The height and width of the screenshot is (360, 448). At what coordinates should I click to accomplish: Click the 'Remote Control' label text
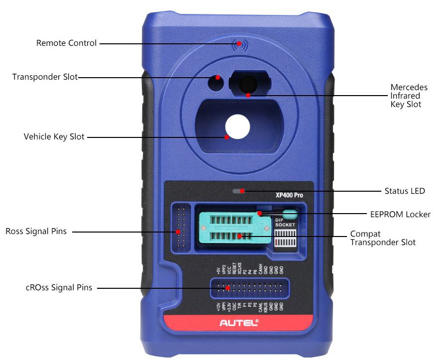point(66,43)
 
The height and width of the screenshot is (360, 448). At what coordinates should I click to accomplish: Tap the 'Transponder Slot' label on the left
point(45,77)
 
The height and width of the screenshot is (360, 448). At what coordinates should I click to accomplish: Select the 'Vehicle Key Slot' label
point(54,136)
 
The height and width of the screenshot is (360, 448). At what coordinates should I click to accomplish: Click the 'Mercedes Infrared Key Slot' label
point(408,96)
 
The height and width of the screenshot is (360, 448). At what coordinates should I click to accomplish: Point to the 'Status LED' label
point(405,191)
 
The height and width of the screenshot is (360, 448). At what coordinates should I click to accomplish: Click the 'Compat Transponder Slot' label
point(382,238)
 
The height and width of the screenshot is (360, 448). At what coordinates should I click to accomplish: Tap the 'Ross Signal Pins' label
point(36,232)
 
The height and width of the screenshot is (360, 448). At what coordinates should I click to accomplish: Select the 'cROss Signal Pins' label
point(52,287)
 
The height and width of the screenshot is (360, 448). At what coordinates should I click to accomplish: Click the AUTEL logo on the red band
point(239,323)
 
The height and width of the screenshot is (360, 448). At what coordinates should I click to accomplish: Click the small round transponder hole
point(216,83)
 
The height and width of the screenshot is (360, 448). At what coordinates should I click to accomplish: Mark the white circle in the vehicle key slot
point(236,126)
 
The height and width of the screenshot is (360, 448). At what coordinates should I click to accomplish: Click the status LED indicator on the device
point(238,191)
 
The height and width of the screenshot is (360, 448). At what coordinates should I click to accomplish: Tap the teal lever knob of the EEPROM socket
point(292,215)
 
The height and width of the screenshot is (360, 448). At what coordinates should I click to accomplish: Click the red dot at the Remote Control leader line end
point(239,43)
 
